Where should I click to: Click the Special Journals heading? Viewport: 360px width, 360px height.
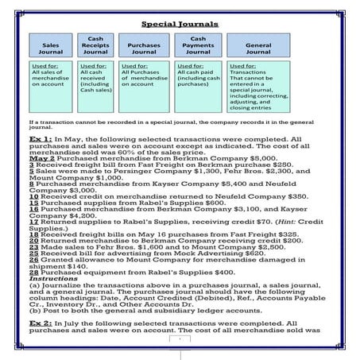[x=180, y=25]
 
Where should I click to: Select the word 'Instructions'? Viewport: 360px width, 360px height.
[x=49, y=280]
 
